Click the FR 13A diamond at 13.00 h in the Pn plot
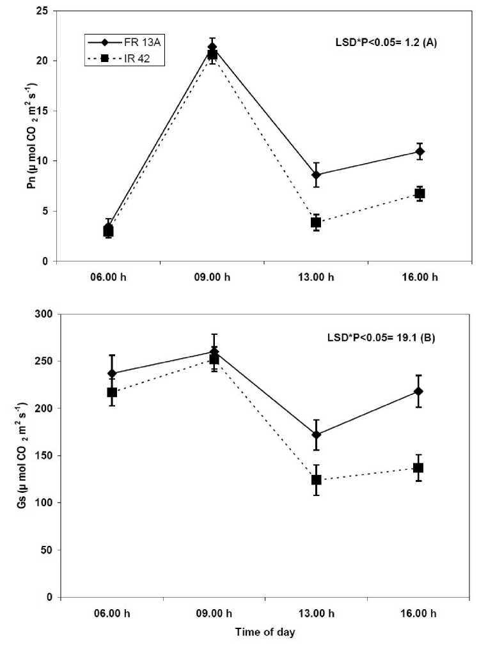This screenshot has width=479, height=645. [x=316, y=175]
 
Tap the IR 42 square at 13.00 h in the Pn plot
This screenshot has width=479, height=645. [x=316, y=222]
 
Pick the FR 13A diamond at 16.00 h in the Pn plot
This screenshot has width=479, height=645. [x=420, y=152]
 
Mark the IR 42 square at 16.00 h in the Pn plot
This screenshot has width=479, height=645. [x=420, y=193]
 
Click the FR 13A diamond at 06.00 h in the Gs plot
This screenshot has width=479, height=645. [x=113, y=373]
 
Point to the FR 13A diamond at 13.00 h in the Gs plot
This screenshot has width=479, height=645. [x=316, y=435]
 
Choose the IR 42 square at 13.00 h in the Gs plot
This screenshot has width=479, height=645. [x=316, y=479]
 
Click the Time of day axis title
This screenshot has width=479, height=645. [x=264, y=633]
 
